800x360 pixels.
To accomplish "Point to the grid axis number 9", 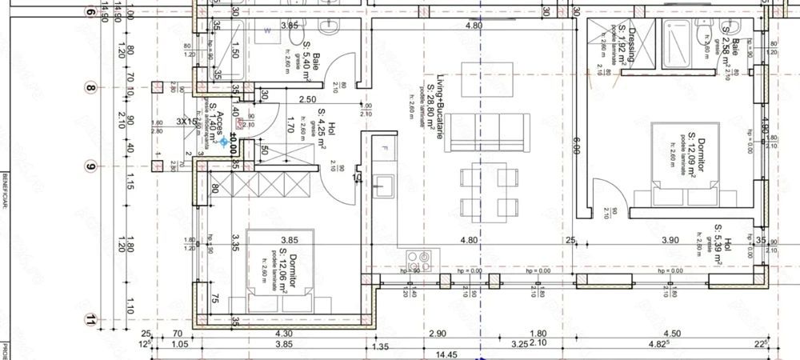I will point(90,166).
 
